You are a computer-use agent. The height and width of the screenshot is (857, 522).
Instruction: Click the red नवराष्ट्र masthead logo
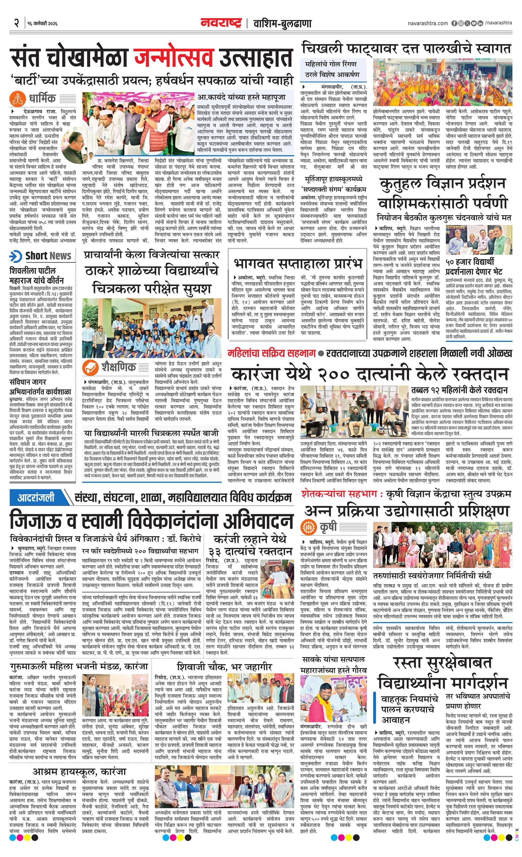221,23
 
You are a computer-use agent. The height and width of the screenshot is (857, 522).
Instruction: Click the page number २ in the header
16,23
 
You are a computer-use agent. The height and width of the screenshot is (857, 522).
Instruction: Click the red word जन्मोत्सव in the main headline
173,58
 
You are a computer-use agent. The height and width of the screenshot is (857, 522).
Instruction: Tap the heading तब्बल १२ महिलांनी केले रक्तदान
459,389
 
